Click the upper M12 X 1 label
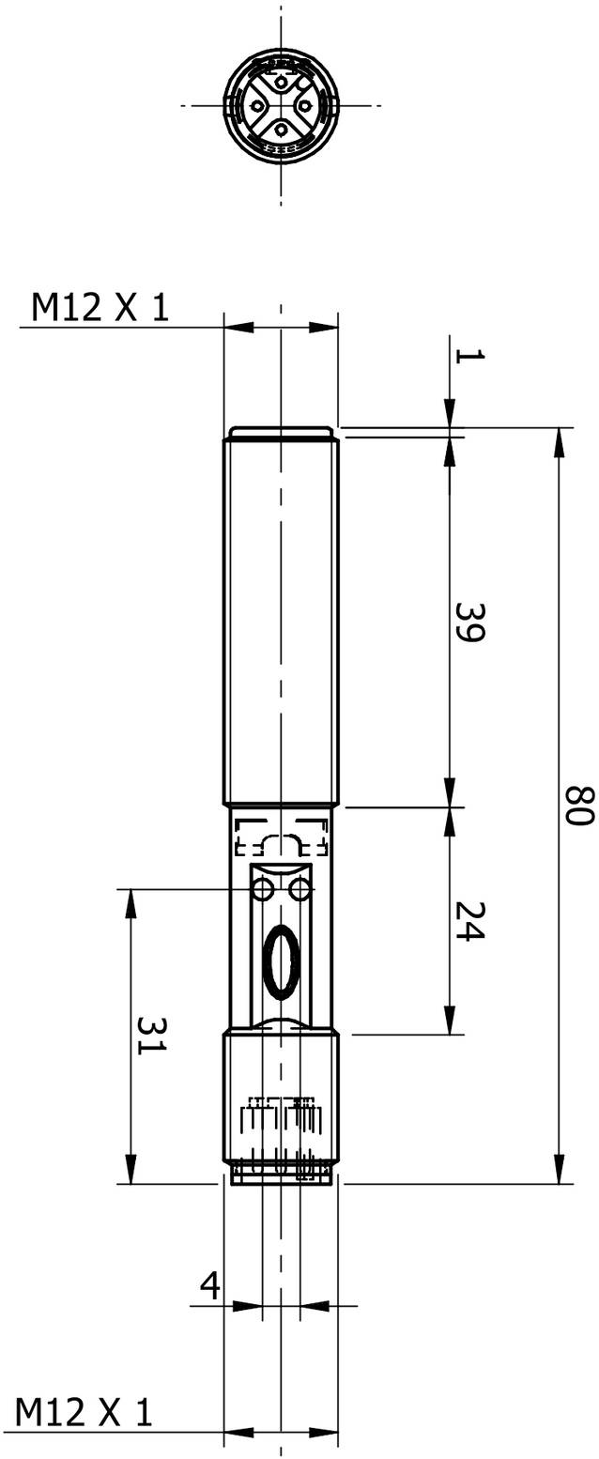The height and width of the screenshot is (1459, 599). [x=100, y=307]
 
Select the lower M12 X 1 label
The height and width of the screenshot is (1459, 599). [x=84, y=1412]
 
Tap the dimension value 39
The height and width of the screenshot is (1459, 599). [x=468, y=622]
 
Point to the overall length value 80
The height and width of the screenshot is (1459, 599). [x=578, y=806]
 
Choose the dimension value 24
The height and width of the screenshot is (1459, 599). [x=468, y=922]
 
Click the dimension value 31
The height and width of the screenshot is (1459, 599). [x=150, y=1035]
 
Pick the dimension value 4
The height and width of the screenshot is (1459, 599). [x=210, y=1284]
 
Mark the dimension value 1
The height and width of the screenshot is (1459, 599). [x=468, y=355]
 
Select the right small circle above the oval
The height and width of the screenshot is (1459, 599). [x=300, y=888]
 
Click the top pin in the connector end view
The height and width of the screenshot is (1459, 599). [x=281, y=84]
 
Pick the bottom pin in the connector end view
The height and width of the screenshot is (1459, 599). [x=281, y=129]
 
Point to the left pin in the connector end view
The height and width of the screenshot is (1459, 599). [x=258, y=105]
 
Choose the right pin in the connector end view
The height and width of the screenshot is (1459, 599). [x=303, y=105]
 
